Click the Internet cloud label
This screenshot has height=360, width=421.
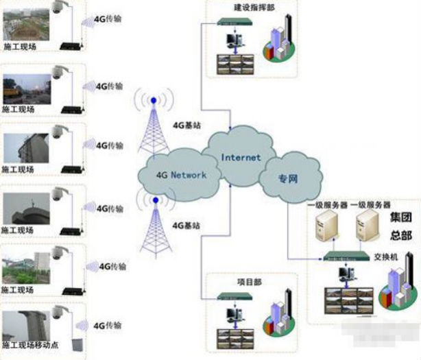[x=241, y=158]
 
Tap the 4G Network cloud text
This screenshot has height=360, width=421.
[x=180, y=175]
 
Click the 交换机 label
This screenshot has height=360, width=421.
[x=389, y=259]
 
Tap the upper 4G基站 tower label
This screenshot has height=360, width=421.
[x=186, y=125]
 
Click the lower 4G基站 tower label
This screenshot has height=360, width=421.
[x=186, y=225]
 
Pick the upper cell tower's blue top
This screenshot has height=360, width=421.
[x=154, y=100]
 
